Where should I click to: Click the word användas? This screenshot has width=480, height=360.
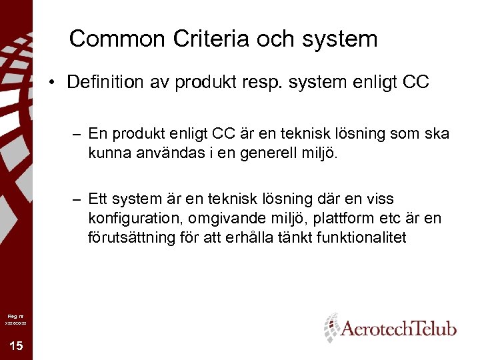click(x=159, y=154)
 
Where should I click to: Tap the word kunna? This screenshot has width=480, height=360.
click(x=105, y=154)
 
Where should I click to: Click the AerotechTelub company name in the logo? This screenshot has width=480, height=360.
click(x=399, y=329)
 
